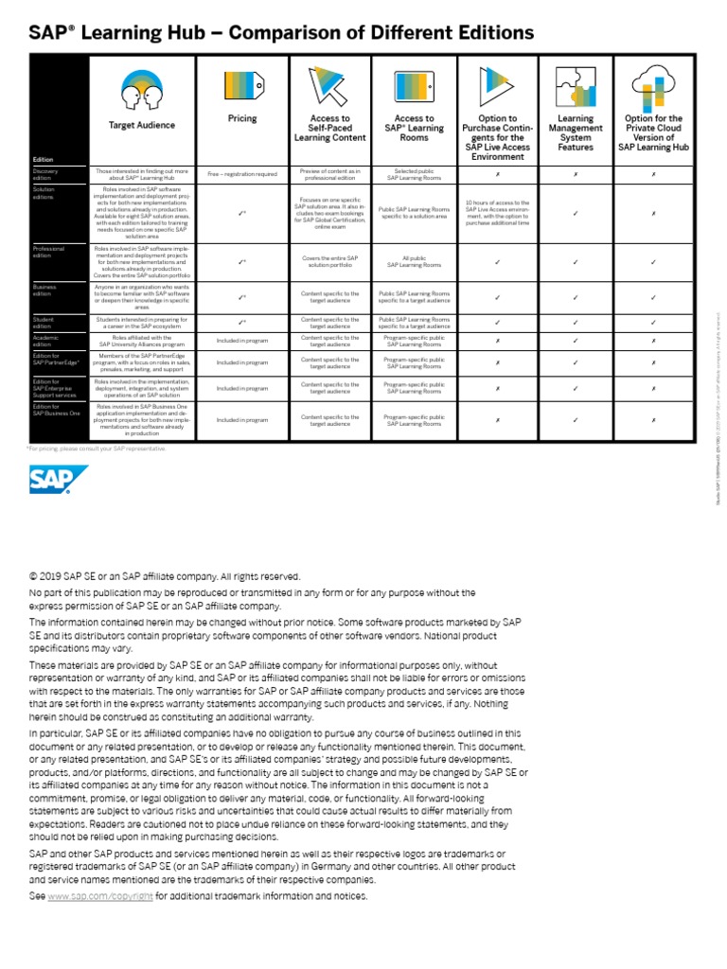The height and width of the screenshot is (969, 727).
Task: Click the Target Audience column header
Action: [x=141, y=125]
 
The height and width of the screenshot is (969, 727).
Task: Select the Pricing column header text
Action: [x=242, y=119]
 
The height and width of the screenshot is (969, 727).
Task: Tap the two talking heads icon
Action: [x=141, y=88]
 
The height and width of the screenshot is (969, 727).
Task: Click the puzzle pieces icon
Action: [x=576, y=86]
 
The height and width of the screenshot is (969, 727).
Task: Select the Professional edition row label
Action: [x=48, y=252]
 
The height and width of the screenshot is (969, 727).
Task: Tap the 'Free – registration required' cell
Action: [x=242, y=174]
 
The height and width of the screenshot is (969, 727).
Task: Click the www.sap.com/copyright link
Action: [x=99, y=895]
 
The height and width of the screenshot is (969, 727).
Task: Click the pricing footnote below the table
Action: [x=98, y=449]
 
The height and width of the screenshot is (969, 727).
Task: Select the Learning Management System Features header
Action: [x=576, y=133]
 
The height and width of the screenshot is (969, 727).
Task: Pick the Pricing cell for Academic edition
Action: [x=242, y=341]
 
